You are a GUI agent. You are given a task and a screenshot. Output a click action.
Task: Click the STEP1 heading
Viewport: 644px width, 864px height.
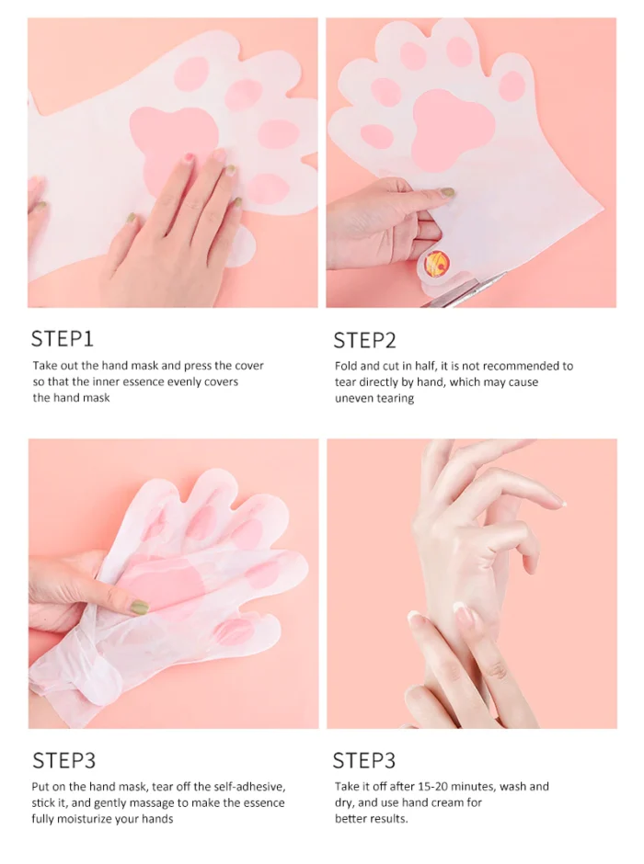click(62, 338)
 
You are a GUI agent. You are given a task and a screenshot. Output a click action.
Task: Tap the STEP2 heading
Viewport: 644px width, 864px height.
click(364, 340)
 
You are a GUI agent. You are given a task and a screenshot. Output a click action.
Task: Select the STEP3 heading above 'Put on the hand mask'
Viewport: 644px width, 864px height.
click(64, 760)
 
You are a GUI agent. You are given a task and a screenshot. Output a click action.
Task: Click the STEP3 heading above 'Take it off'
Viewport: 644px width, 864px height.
click(364, 760)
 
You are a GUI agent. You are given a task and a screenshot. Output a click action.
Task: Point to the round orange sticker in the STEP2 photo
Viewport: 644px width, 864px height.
click(437, 264)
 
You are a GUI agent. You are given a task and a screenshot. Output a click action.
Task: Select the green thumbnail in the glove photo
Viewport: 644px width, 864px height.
click(140, 608)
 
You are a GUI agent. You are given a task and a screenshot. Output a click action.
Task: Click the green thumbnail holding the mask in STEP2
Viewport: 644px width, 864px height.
click(446, 192)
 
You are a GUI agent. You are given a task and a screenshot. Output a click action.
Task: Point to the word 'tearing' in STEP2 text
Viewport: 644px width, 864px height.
click(395, 398)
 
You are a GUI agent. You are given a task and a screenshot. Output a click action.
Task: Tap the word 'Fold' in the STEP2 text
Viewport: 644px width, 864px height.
click(346, 366)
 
